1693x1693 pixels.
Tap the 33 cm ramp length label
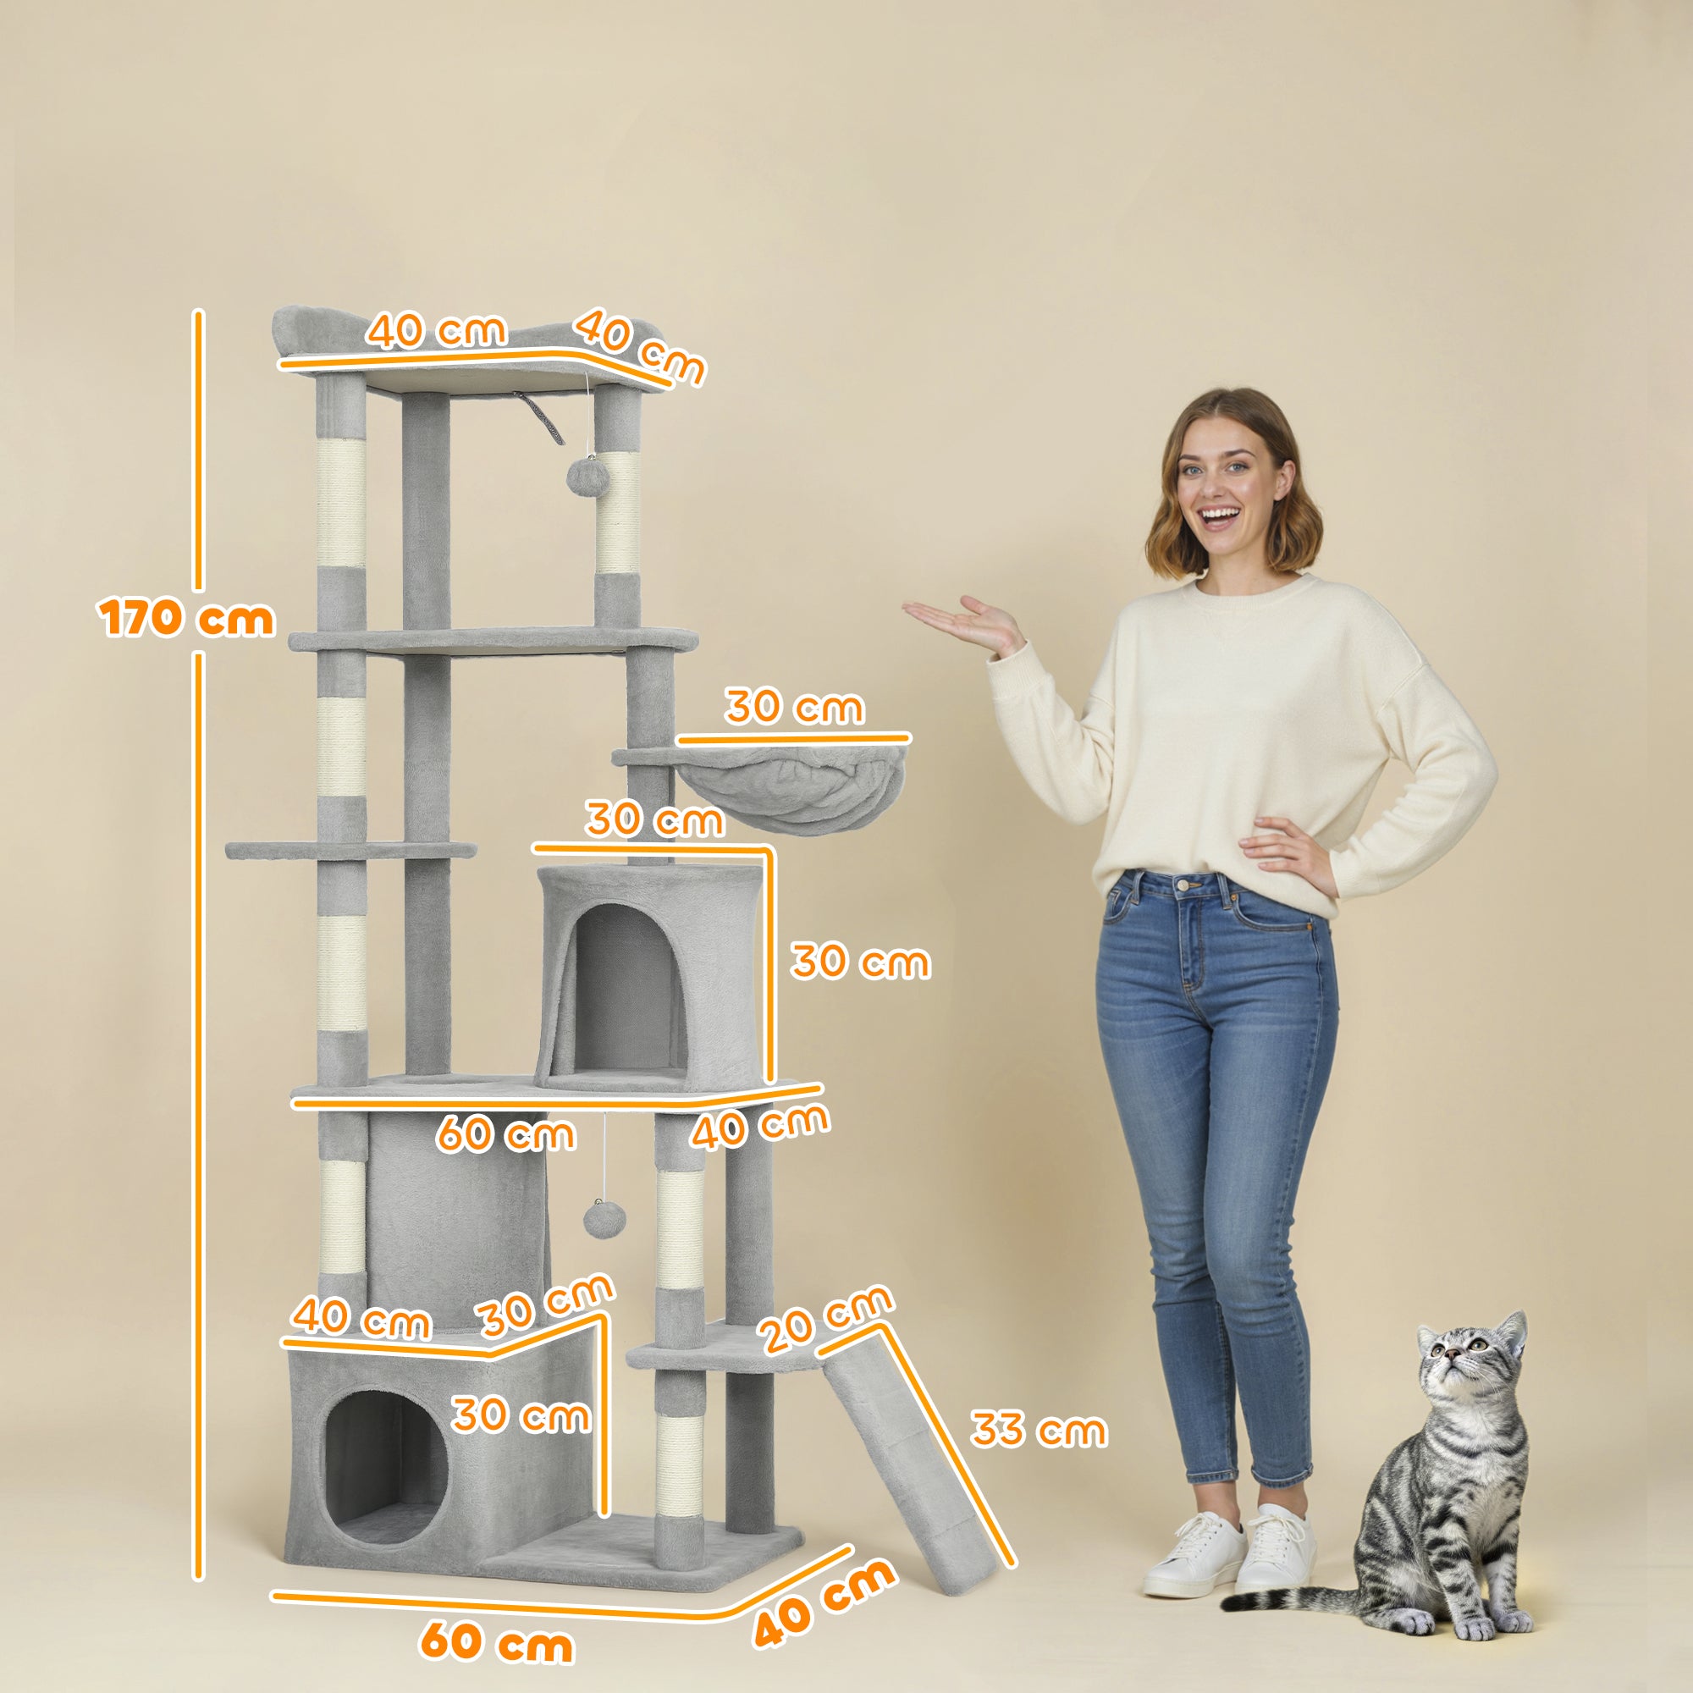1038,1430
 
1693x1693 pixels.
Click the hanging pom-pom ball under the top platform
582,477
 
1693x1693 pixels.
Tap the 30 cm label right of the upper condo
860,962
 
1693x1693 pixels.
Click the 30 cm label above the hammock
794,707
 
